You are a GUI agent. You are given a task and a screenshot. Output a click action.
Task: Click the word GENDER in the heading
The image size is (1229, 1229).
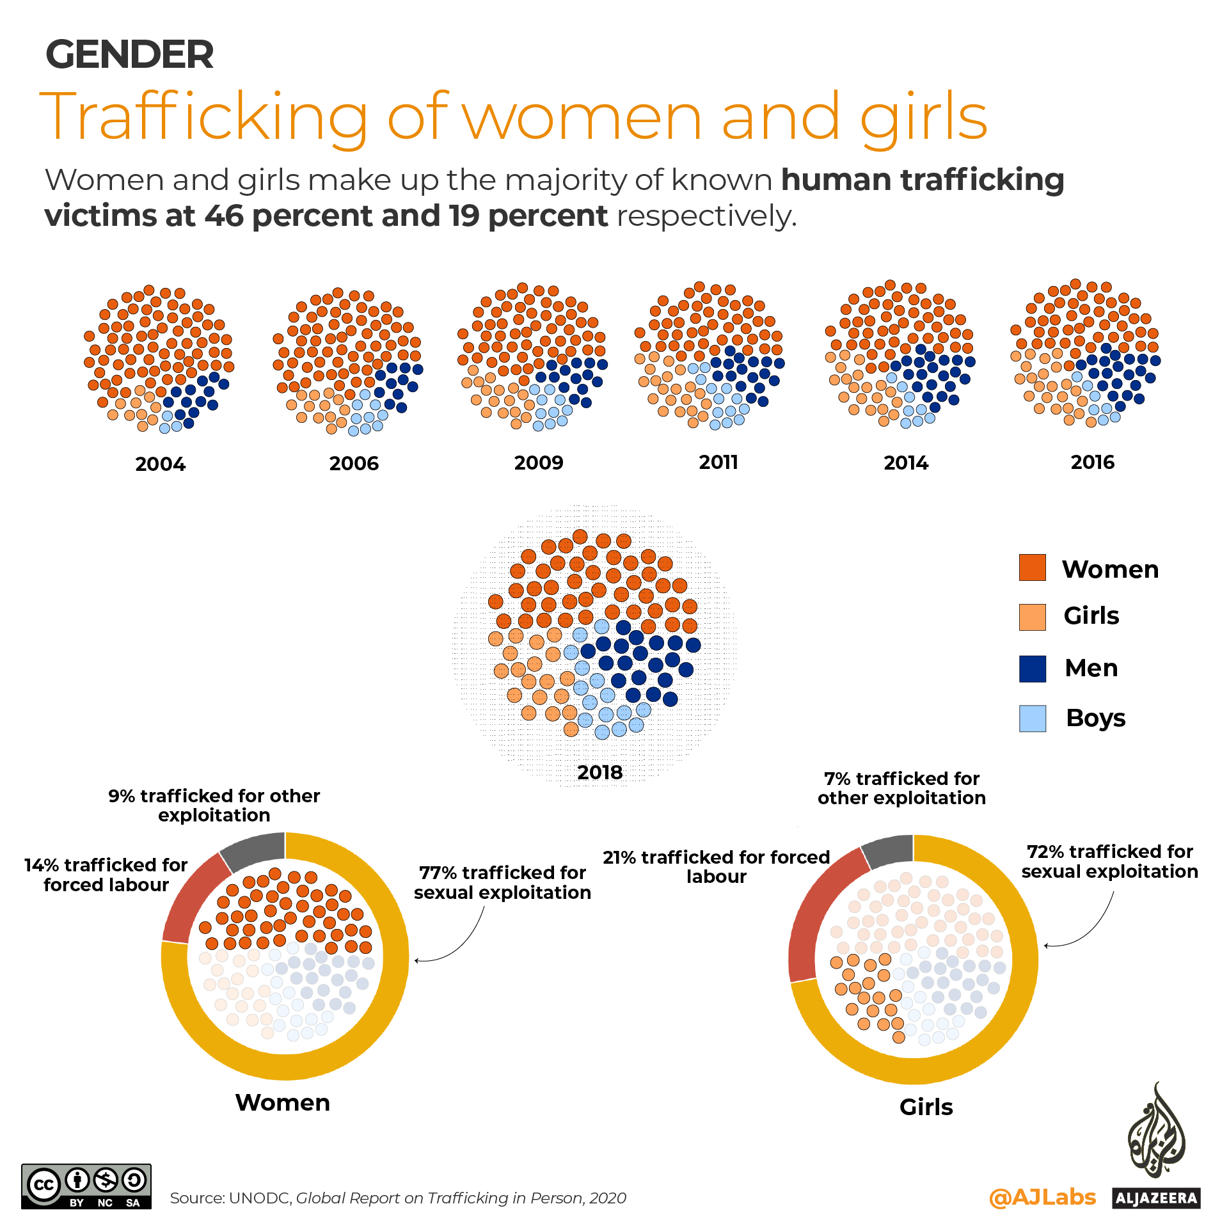click(x=129, y=54)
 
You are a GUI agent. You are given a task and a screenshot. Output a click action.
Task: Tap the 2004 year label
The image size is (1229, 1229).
click(x=160, y=464)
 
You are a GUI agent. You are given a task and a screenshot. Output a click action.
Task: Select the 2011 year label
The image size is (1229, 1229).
click(x=718, y=462)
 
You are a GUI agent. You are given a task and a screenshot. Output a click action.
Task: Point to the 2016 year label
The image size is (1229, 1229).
click(x=1092, y=462)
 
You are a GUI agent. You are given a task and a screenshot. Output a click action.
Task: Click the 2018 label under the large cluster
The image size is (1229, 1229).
click(x=599, y=772)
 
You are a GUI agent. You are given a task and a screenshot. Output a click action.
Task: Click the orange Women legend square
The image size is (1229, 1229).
click(x=1032, y=567)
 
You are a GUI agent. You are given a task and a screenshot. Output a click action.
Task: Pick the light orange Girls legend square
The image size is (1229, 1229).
click(x=1032, y=617)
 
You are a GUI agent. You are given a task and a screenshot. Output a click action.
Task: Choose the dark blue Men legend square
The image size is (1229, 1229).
click(x=1032, y=669)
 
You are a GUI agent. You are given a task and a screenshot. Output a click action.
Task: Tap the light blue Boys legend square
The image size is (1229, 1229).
click(x=1032, y=718)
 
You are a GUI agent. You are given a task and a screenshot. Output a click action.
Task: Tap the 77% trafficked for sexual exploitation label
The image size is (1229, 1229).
click(x=502, y=882)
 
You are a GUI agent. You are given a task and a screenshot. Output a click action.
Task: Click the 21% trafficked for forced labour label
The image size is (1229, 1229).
click(x=716, y=866)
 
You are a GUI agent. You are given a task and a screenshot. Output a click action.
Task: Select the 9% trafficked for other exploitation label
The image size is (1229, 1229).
click(x=214, y=805)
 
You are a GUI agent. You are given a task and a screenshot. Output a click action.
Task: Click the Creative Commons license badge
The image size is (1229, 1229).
click(x=86, y=1186)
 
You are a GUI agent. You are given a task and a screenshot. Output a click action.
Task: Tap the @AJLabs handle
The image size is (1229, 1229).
click(x=1042, y=1197)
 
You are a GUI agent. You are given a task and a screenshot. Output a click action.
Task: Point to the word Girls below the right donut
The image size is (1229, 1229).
click(x=926, y=1107)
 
